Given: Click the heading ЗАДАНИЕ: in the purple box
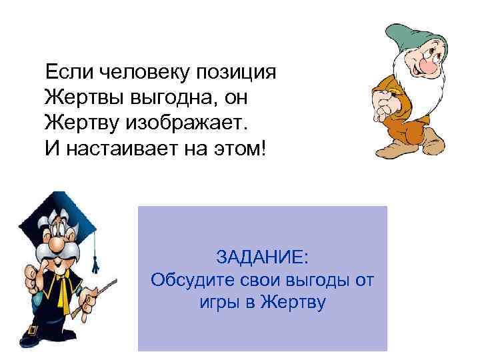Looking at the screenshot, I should click(262, 257).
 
